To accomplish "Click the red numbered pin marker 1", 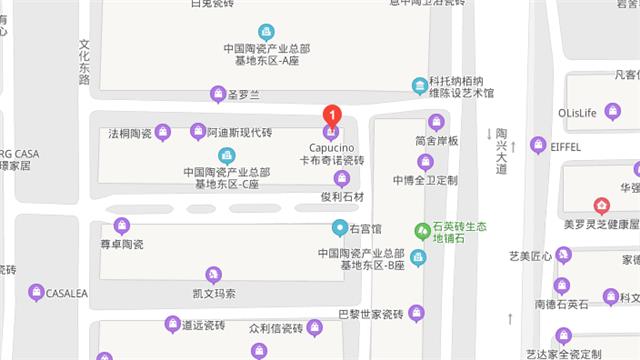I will [332, 116].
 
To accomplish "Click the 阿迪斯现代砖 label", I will [239, 132].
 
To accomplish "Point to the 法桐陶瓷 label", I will [129, 132].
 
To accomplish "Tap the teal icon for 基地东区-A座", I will [265, 31].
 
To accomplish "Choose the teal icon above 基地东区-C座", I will [226, 155].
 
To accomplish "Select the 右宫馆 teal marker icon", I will [340, 228].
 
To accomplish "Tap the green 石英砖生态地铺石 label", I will [459, 234].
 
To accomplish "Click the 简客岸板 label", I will [436, 141].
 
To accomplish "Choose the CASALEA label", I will [67, 292].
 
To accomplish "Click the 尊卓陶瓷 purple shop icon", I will [122, 226].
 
